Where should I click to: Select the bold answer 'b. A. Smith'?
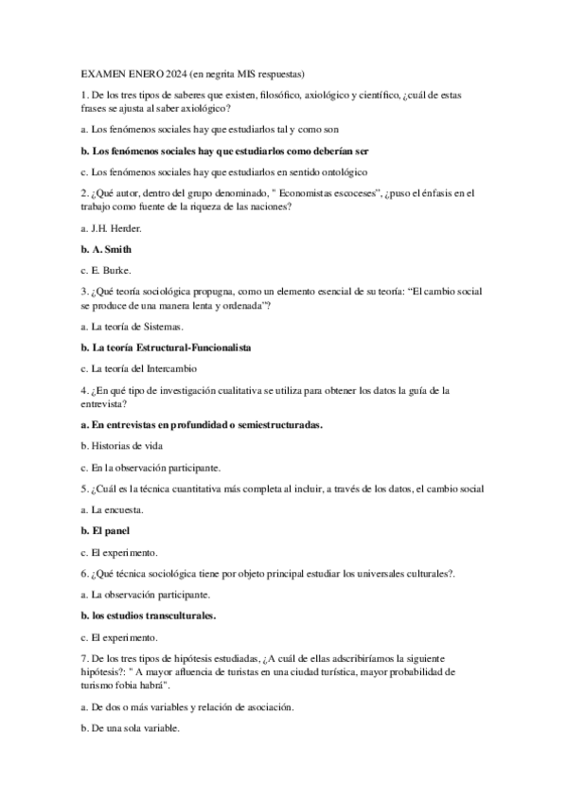coord(106,249)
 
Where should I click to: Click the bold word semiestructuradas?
coord(274,425)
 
